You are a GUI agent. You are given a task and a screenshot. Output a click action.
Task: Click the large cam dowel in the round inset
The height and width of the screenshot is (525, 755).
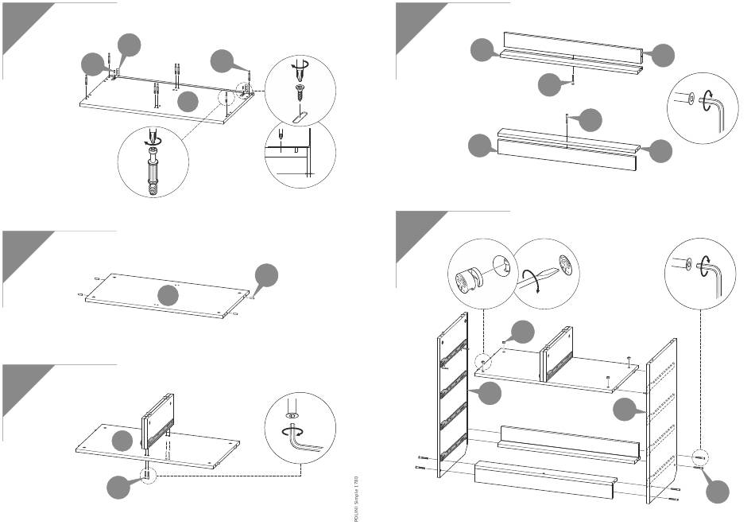[x=152, y=171]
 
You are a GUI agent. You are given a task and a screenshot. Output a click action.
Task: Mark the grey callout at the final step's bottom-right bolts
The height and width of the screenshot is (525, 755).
[x=718, y=492]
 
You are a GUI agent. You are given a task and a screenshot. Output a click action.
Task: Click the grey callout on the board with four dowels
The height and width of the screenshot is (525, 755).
[x=168, y=296]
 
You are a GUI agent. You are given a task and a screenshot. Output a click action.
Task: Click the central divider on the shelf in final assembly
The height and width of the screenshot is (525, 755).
[x=553, y=354]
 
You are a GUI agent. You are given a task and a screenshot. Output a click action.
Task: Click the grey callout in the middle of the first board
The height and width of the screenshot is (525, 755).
[x=188, y=102]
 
